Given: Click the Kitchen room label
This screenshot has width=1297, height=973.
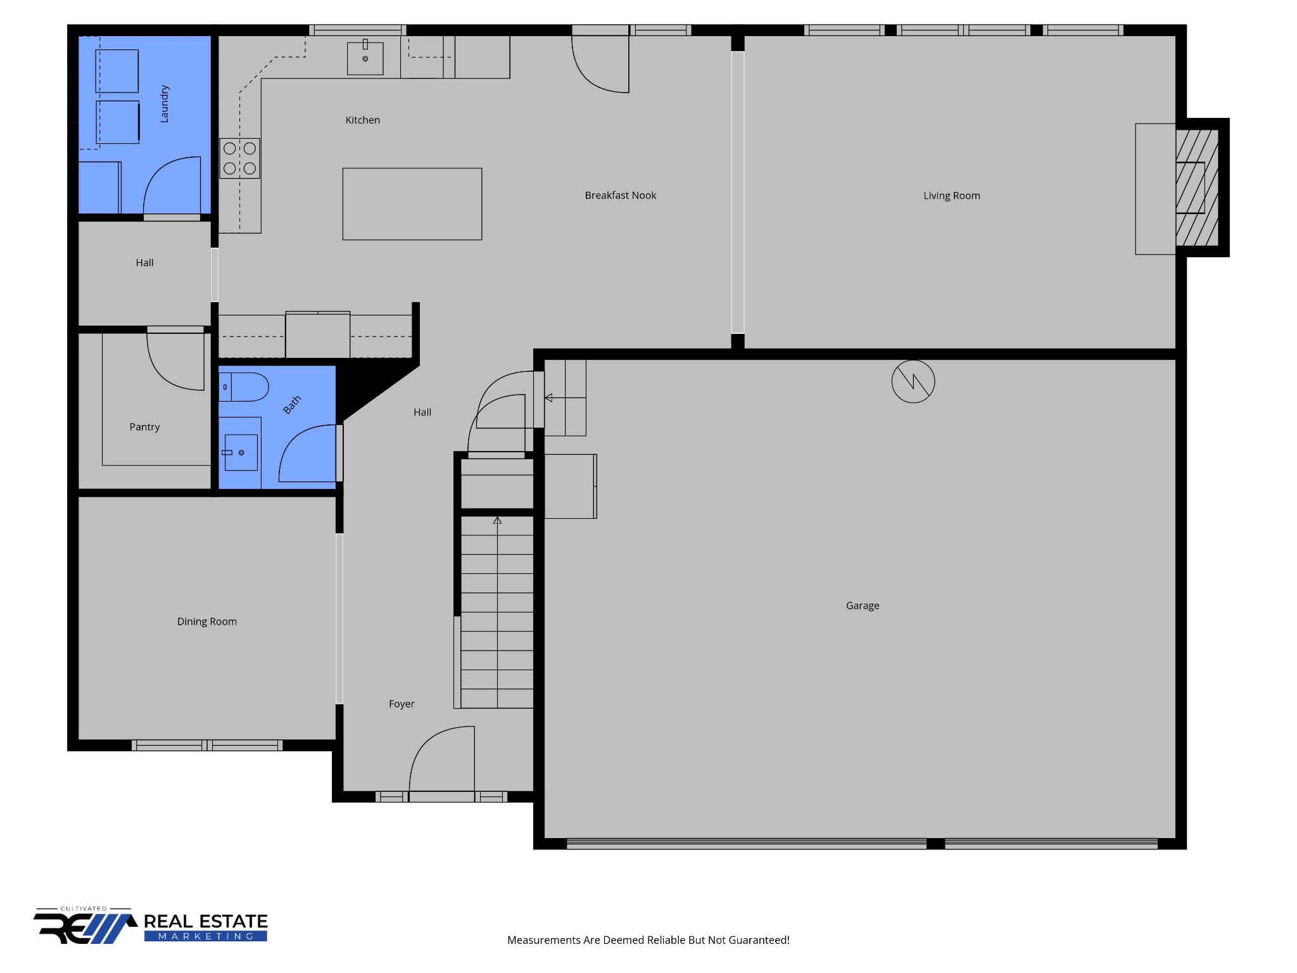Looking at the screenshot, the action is click(x=362, y=120).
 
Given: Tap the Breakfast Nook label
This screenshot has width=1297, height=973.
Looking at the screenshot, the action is click(x=620, y=195).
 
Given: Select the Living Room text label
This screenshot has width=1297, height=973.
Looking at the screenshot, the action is click(x=951, y=196).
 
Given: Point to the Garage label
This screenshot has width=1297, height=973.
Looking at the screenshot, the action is click(x=863, y=606).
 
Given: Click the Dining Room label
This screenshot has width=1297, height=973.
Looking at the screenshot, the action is click(x=206, y=621).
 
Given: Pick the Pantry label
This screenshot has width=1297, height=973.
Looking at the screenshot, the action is click(x=144, y=427).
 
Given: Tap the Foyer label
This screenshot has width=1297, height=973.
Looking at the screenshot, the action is click(x=402, y=704).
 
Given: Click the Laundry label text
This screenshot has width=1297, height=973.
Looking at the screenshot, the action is click(x=164, y=103).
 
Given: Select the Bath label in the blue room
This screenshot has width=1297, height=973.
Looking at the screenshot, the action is click(x=292, y=405).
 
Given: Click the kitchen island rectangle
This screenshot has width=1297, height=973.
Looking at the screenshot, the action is click(x=412, y=204).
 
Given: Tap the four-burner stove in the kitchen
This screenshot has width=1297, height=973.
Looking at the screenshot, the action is click(x=239, y=158).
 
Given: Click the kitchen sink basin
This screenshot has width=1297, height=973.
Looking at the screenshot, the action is click(x=365, y=58).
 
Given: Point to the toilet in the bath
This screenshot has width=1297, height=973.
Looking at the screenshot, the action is click(x=244, y=387).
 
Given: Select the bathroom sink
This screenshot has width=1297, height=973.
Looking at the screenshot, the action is click(x=241, y=452).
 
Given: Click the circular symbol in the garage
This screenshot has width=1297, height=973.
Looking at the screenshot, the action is click(x=913, y=381).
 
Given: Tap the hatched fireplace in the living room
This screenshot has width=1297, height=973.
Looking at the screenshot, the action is click(x=1197, y=188).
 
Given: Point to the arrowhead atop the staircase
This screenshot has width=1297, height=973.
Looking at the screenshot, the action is click(x=498, y=520).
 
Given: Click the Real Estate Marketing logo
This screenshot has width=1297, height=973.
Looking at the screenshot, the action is click(x=151, y=925).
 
